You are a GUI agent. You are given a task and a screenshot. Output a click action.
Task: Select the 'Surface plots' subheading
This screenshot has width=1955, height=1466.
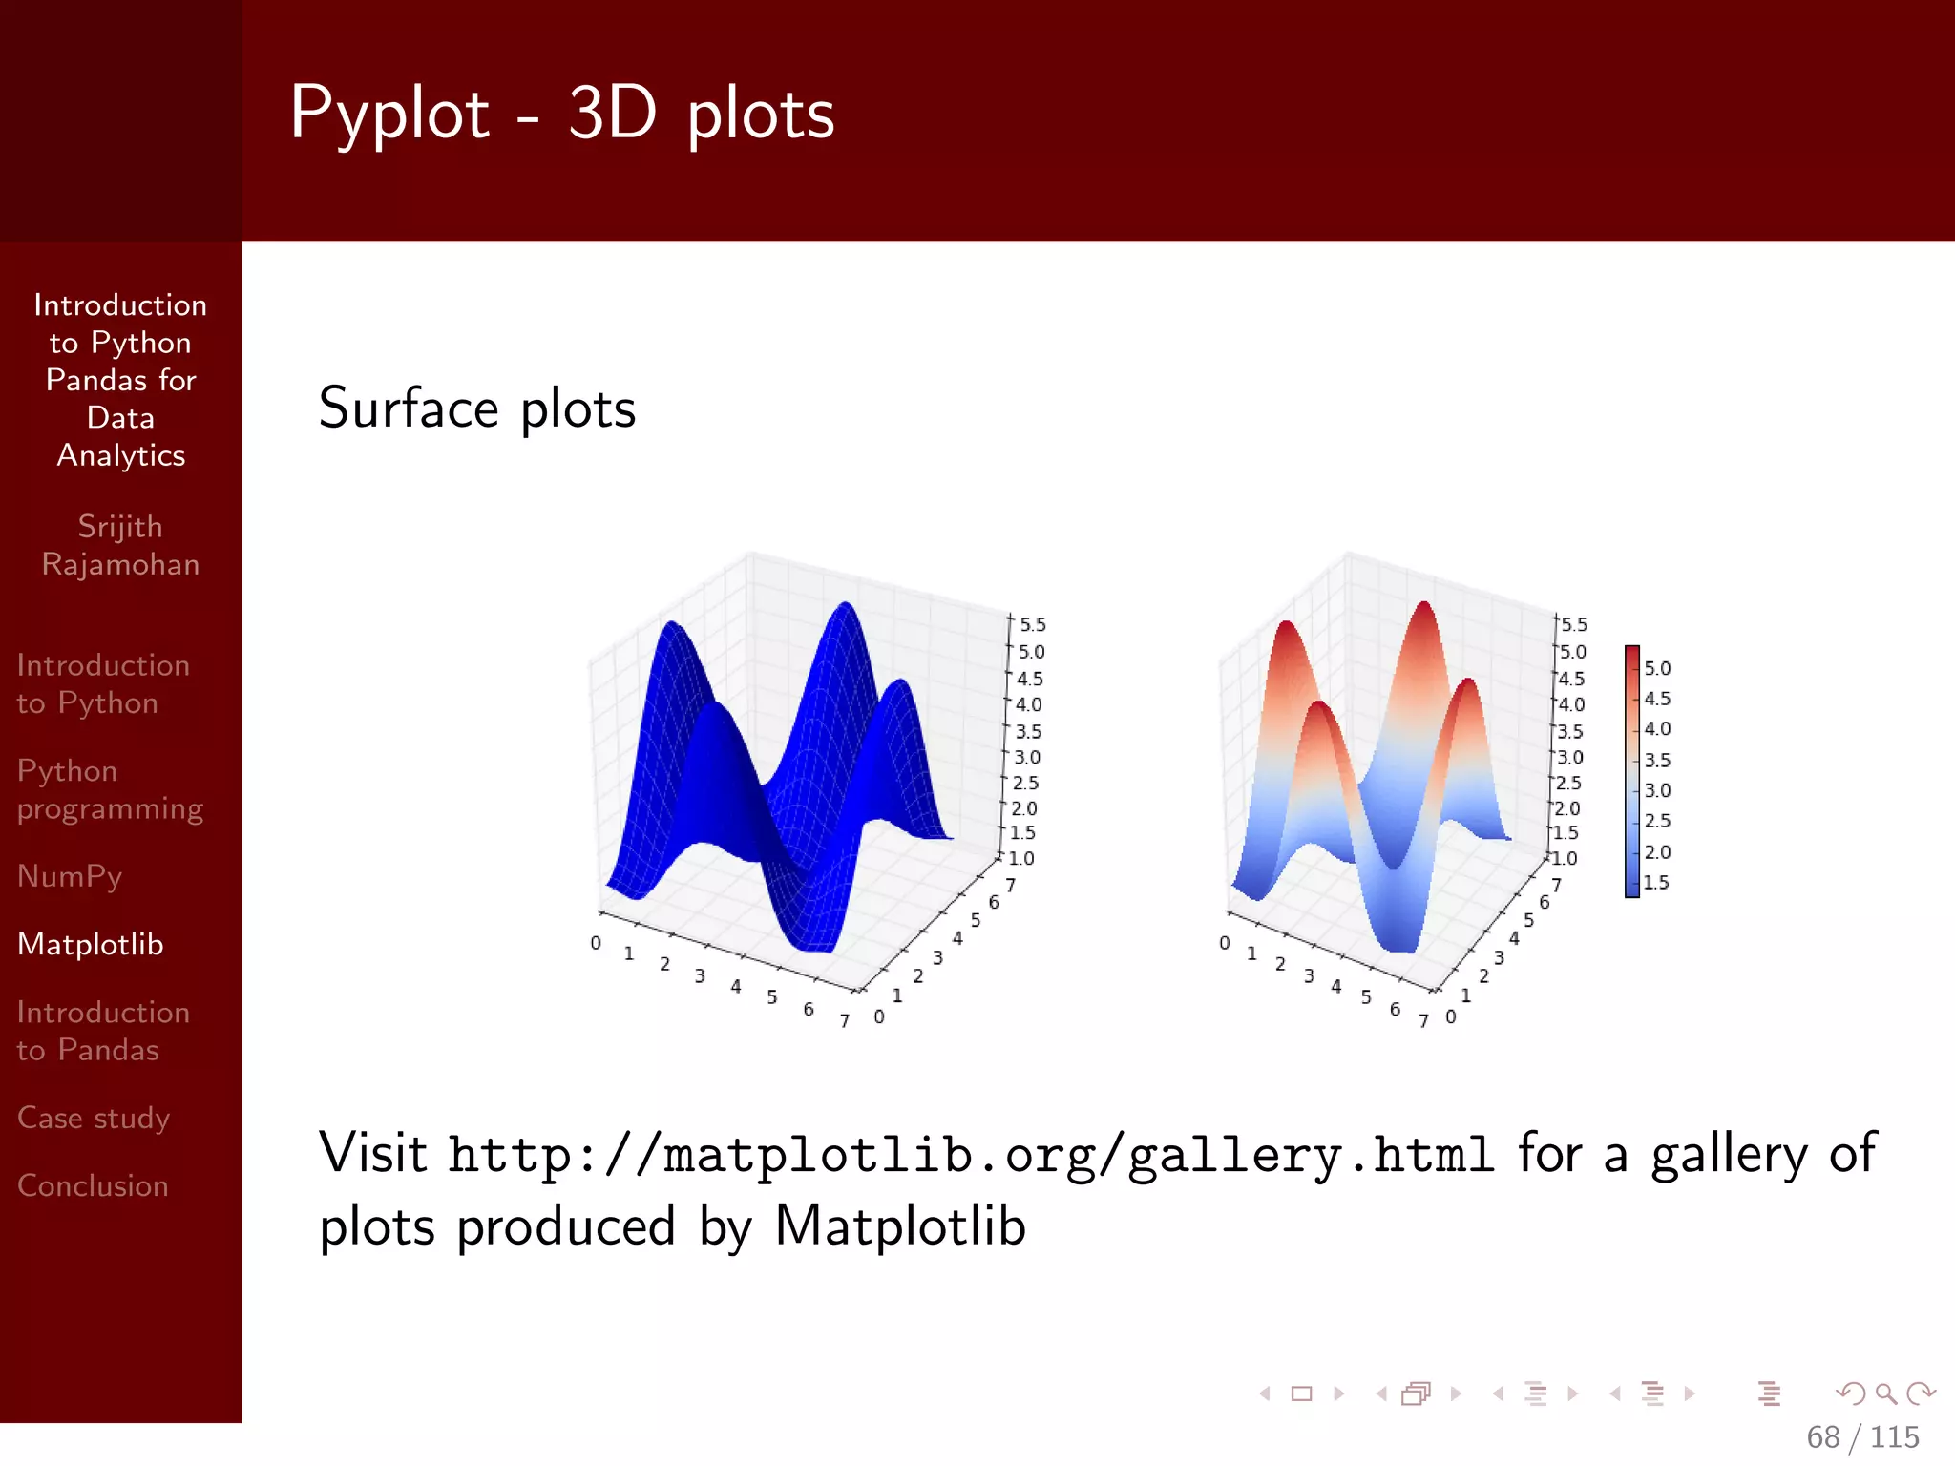pyautogui.click(x=476, y=408)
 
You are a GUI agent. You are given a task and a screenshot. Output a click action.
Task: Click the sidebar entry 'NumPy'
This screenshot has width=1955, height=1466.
pyautogui.click(x=70, y=876)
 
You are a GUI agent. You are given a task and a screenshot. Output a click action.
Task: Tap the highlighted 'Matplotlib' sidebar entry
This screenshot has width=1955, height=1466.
pyautogui.click(x=91, y=944)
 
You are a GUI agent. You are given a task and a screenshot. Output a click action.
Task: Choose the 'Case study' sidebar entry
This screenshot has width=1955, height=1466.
pyautogui.click(x=94, y=1118)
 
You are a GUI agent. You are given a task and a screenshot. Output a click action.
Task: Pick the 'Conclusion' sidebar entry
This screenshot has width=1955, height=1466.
pyautogui.click(x=93, y=1185)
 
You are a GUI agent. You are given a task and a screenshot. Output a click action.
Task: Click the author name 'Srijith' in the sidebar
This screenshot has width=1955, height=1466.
pyautogui.click(x=120, y=527)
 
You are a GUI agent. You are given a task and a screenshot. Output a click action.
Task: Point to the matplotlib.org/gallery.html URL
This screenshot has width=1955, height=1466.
pyautogui.click(x=970, y=1155)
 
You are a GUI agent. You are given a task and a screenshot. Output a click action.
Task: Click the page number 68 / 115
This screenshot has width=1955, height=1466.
pyautogui.click(x=1861, y=1436)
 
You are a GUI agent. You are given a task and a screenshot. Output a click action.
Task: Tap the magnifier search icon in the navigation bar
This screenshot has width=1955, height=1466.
pyautogui.click(x=1885, y=1393)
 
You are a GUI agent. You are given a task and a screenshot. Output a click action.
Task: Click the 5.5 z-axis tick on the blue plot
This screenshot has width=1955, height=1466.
pyautogui.click(x=1032, y=625)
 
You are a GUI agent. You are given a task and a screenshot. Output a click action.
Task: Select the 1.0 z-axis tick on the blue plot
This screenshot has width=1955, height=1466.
pyautogui.click(x=1021, y=858)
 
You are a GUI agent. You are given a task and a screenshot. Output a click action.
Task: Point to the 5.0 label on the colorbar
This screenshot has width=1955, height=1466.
pyautogui.click(x=1657, y=669)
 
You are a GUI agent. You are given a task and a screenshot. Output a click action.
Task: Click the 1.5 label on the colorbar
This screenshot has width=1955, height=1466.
pyautogui.click(x=1656, y=883)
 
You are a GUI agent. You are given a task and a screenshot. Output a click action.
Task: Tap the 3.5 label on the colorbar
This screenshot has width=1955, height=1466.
pyautogui.click(x=1657, y=761)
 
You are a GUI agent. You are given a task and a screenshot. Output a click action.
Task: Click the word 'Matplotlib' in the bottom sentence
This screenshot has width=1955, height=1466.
pyautogui.click(x=899, y=1226)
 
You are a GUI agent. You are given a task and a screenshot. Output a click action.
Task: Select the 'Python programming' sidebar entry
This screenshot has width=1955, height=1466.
pyautogui.click(x=110, y=790)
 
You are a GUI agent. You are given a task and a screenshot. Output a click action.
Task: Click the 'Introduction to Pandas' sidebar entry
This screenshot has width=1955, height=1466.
pyautogui.click(x=103, y=1032)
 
